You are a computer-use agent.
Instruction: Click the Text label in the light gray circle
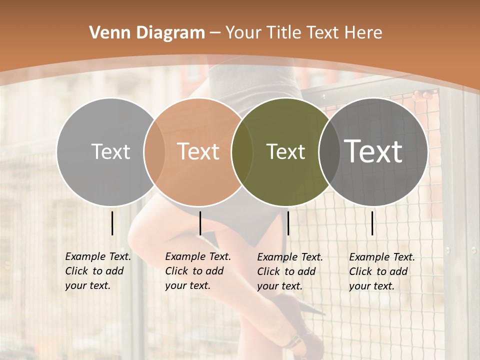pyautogui.click(x=110, y=151)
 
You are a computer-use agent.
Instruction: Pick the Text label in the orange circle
pyautogui.click(x=198, y=151)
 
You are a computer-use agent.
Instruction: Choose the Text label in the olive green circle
pyautogui.click(x=285, y=151)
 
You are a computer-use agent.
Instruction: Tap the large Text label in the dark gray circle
pyautogui.click(x=373, y=151)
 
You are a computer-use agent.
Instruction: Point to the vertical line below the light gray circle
pyautogui.click(x=112, y=223)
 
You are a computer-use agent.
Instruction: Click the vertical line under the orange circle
pyautogui.click(x=200, y=223)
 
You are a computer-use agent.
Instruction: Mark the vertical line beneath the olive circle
pyautogui.click(x=288, y=223)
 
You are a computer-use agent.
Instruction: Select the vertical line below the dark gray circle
pyautogui.click(x=372, y=223)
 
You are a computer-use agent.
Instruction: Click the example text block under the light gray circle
pyautogui.click(x=97, y=271)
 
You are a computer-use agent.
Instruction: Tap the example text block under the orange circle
pyautogui.click(x=197, y=271)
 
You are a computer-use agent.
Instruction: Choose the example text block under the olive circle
pyautogui.click(x=289, y=271)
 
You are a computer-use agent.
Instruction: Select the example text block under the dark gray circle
pyautogui.click(x=381, y=271)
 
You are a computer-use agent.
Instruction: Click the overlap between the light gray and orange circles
pyautogui.click(x=154, y=151)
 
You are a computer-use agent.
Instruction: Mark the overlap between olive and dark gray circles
pyautogui.click(x=329, y=151)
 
